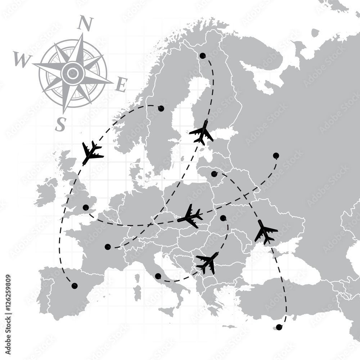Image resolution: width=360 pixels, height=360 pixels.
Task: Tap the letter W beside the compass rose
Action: (21, 59)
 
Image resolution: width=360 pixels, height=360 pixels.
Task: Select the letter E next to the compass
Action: (121, 85)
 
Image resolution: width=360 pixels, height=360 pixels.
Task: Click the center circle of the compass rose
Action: (73, 73)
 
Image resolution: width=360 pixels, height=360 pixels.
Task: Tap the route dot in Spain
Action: (75, 286)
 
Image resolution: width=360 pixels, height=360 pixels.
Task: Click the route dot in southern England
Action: (86, 207)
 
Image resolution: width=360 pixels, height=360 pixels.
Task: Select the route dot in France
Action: (108, 247)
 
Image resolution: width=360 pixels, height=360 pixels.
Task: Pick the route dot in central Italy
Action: (158, 276)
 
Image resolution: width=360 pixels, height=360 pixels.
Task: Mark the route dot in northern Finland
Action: (203, 55)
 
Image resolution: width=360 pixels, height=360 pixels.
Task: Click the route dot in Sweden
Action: (161, 108)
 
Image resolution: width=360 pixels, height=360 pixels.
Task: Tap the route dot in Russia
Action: (276, 156)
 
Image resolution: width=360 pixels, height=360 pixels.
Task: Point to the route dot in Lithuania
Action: (214, 174)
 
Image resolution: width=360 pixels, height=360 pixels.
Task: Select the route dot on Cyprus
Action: (279, 327)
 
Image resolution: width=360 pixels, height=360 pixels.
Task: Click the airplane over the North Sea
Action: (91, 153)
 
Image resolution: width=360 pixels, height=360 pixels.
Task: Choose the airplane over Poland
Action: (190, 216)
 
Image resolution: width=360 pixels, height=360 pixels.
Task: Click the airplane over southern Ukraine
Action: (265, 232)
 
